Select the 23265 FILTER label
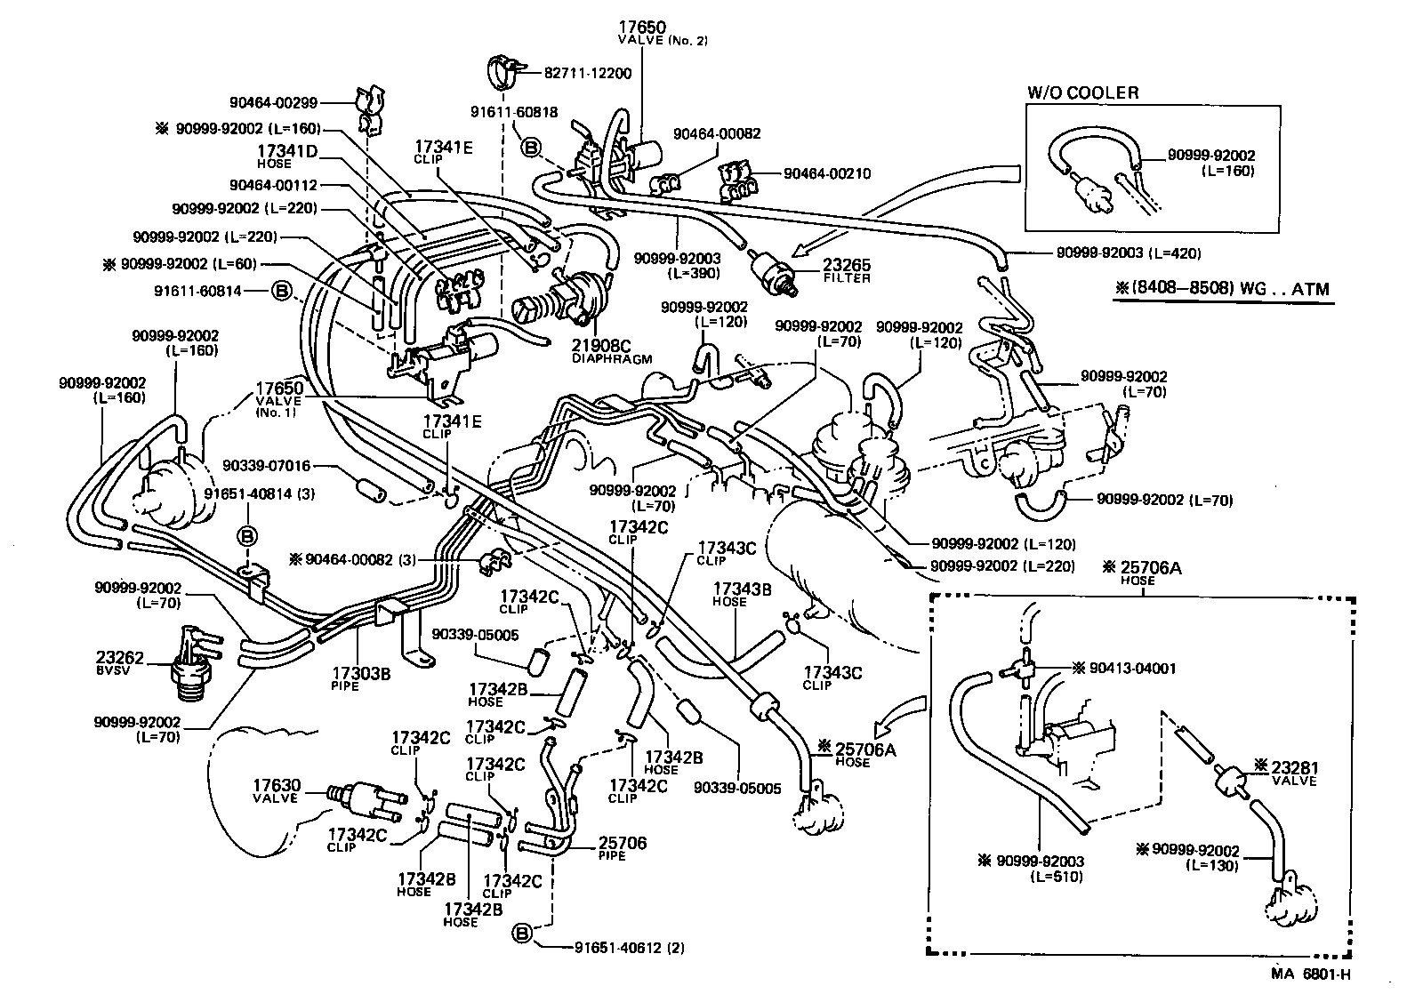(847, 270)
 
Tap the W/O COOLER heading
(1082, 92)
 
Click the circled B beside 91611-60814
(281, 290)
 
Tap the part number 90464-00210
(827, 173)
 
